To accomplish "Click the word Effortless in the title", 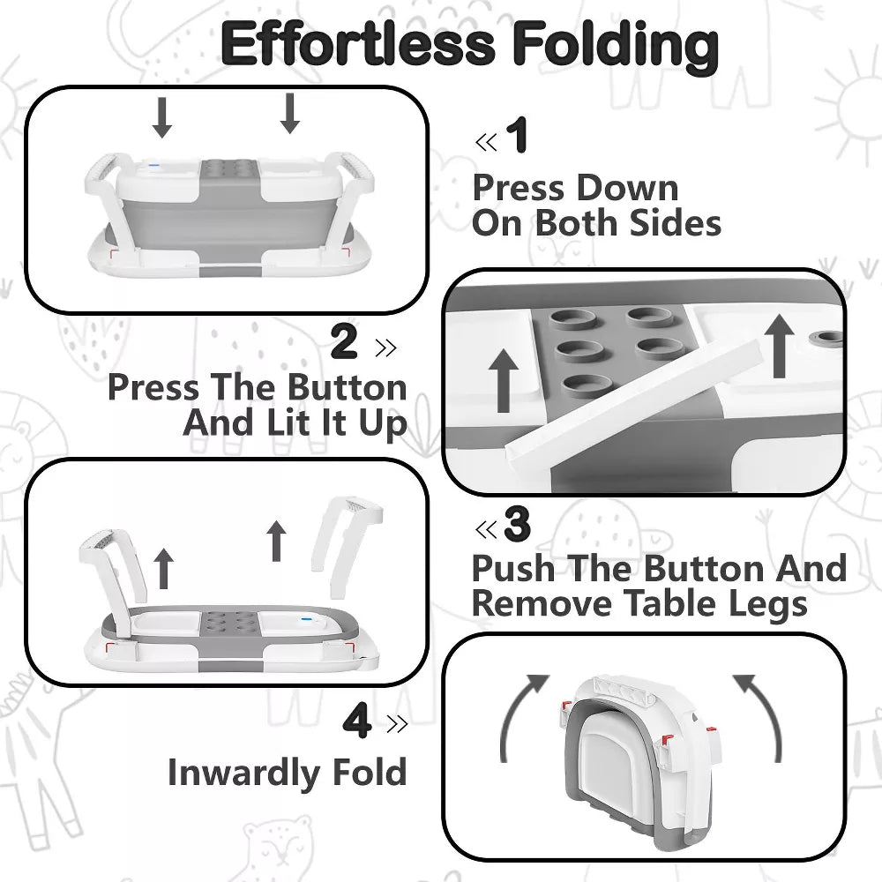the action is [x=358, y=43].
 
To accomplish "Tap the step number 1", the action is [x=517, y=134].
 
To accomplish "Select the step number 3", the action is [x=517, y=524].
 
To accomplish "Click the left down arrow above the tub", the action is [x=162, y=117].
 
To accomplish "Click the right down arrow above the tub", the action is [x=289, y=114].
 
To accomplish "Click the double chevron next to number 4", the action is [x=397, y=724].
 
